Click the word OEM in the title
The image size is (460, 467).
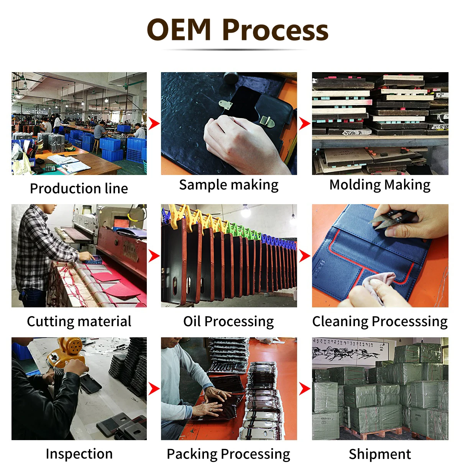pos(179,30)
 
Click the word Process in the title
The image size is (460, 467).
pos(275,30)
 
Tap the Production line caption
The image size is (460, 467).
pos(79,188)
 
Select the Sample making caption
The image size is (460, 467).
pos(229,185)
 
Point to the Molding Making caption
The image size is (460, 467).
pos(380,185)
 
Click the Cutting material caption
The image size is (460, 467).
pos(79,321)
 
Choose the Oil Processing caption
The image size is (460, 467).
pos(228,321)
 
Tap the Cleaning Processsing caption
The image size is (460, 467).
pos(380,321)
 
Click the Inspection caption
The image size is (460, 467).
pos(79,454)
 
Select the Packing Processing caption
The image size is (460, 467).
pos(228,454)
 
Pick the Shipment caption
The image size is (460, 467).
pos(380,454)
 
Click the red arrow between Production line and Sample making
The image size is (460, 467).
pos(154,124)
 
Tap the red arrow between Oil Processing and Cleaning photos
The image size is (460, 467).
pos(304,256)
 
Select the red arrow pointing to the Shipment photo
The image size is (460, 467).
pos(304,388)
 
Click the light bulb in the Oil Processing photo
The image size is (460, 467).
pos(246,211)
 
